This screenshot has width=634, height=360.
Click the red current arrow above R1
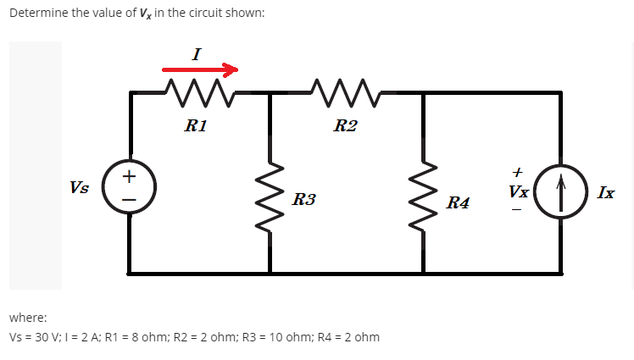pyautogui.click(x=202, y=68)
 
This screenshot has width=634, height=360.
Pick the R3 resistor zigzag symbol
pyautogui.click(x=270, y=200)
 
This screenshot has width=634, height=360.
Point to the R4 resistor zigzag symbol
pyautogui.click(x=423, y=200)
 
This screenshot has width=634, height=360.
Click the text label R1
pyautogui.click(x=197, y=128)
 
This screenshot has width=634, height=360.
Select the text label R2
pyautogui.click(x=345, y=128)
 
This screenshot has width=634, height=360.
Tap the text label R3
pyautogui.click(x=303, y=201)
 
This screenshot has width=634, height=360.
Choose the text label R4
pyautogui.click(x=459, y=203)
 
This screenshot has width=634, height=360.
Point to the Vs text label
pyautogui.click(x=81, y=188)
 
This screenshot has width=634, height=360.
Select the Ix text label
pyautogui.click(x=605, y=193)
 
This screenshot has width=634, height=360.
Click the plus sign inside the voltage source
pyautogui.click(x=129, y=177)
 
